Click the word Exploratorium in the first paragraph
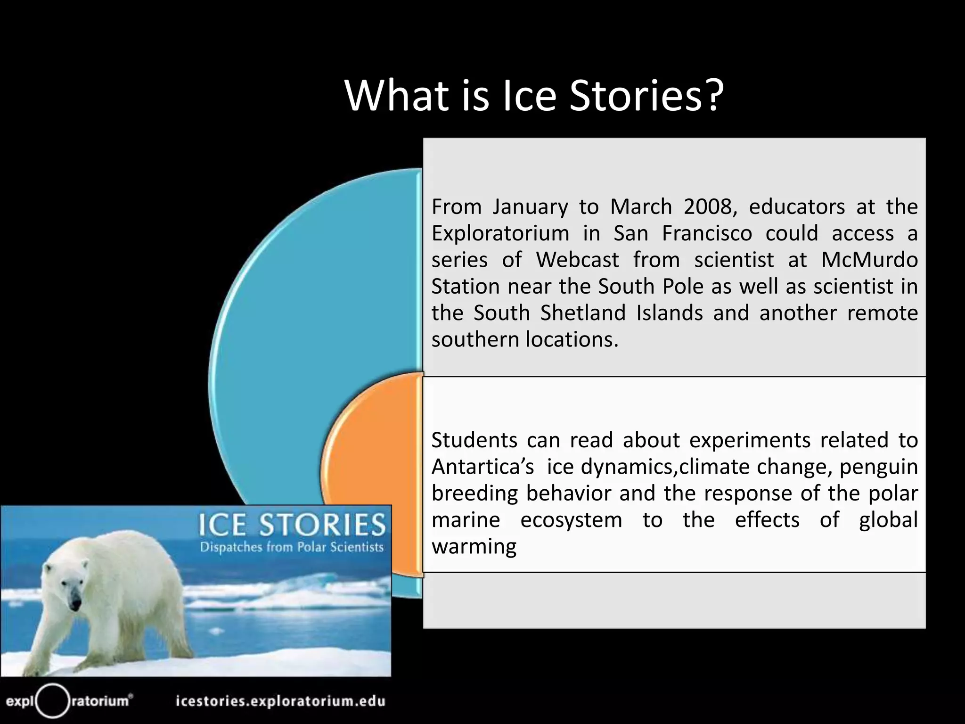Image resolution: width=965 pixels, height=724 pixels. pyautogui.click(x=500, y=234)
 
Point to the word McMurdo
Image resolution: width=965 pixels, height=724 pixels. pyautogui.click(x=869, y=260)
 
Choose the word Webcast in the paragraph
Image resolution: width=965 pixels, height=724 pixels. pyautogui.click(x=577, y=260)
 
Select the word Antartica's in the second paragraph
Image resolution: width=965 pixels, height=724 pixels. pyautogui.click(x=482, y=467)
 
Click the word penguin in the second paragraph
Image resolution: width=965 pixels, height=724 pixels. pyautogui.click(x=879, y=467)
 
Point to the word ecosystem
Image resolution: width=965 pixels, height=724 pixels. pyautogui.click(x=571, y=520)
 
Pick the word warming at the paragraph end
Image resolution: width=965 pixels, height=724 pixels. pyautogui.click(x=474, y=547)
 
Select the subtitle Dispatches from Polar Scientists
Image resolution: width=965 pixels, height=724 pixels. pyautogui.click(x=292, y=547)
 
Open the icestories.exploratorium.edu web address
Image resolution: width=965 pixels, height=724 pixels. pyautogui.click(x=280, y=701)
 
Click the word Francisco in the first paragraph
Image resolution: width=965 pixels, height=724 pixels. pyautogui.click(x=707, y=234)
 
